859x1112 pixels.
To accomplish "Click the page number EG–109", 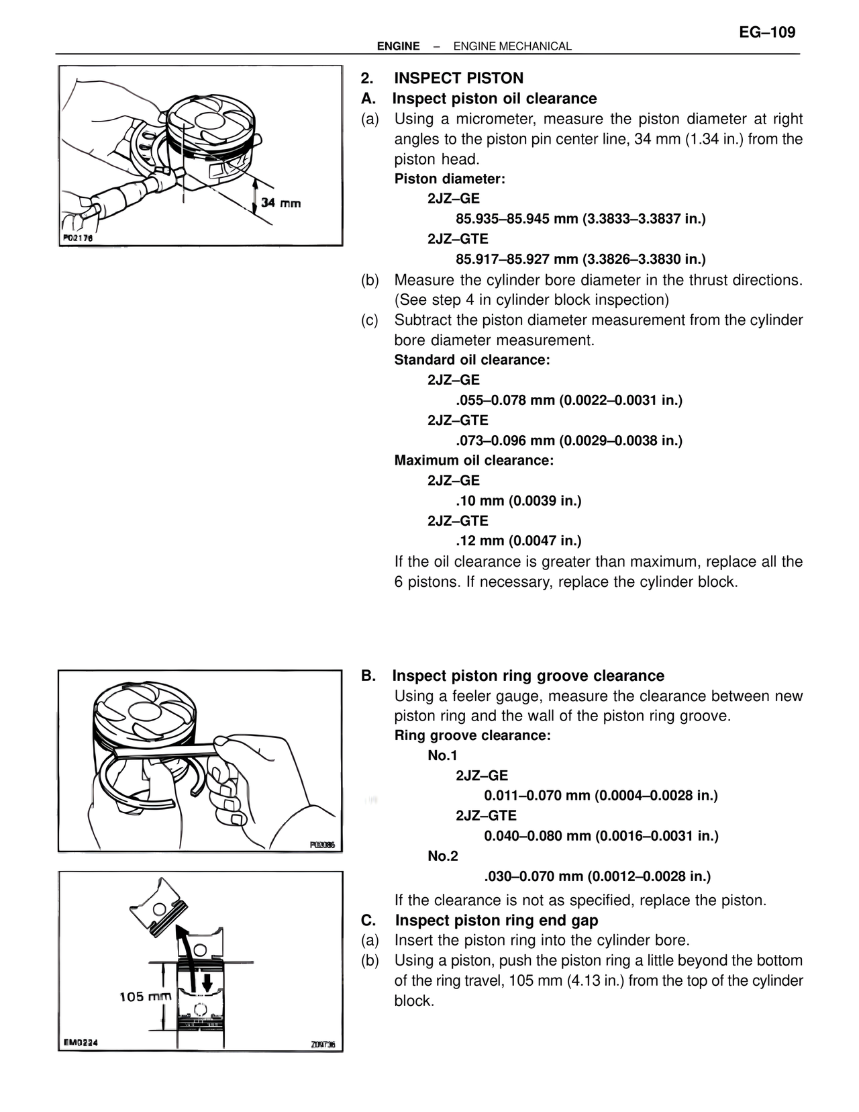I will [767, 32].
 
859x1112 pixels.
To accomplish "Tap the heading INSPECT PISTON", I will [458, 78].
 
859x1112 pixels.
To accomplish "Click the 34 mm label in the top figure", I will [281, 202].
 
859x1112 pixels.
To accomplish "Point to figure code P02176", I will [78, 238].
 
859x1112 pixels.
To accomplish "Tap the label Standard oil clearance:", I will [472, 360].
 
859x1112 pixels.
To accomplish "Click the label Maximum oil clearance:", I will [474, 461].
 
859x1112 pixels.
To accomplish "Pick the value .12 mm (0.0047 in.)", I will [518, 541].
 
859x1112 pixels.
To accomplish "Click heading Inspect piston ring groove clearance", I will [528, 676].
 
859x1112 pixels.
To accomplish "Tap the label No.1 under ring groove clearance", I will [442, 755].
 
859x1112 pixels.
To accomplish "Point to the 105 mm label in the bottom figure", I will [145, 997].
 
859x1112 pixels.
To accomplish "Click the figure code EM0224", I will [81, 1042].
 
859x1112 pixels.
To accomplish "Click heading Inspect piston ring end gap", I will [496, 920].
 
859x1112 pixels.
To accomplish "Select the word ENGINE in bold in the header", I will [398, 46].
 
